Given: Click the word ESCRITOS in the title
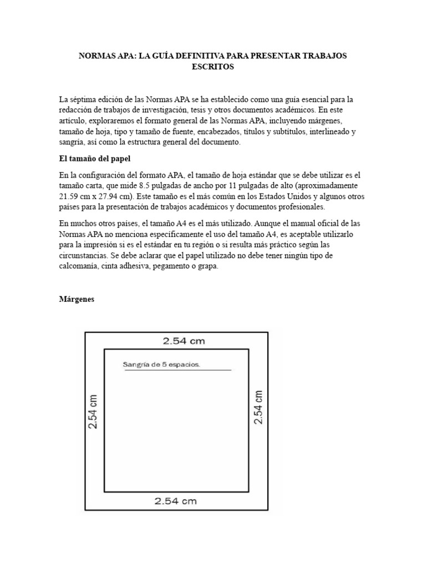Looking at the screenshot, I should point(213,67).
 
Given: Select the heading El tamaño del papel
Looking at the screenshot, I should point(94,158).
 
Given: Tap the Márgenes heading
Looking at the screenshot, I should point(77,299).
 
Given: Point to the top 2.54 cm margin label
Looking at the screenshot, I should point(184,342).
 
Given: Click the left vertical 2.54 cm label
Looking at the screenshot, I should point(93,412).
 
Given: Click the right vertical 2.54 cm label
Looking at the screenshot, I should point(258,407).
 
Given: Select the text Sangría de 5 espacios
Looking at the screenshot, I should point(161,364).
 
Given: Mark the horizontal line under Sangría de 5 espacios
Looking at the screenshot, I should point(177,370).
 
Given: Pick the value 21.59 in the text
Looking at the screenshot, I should point(70,196).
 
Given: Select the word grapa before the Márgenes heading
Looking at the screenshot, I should point(206,266).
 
